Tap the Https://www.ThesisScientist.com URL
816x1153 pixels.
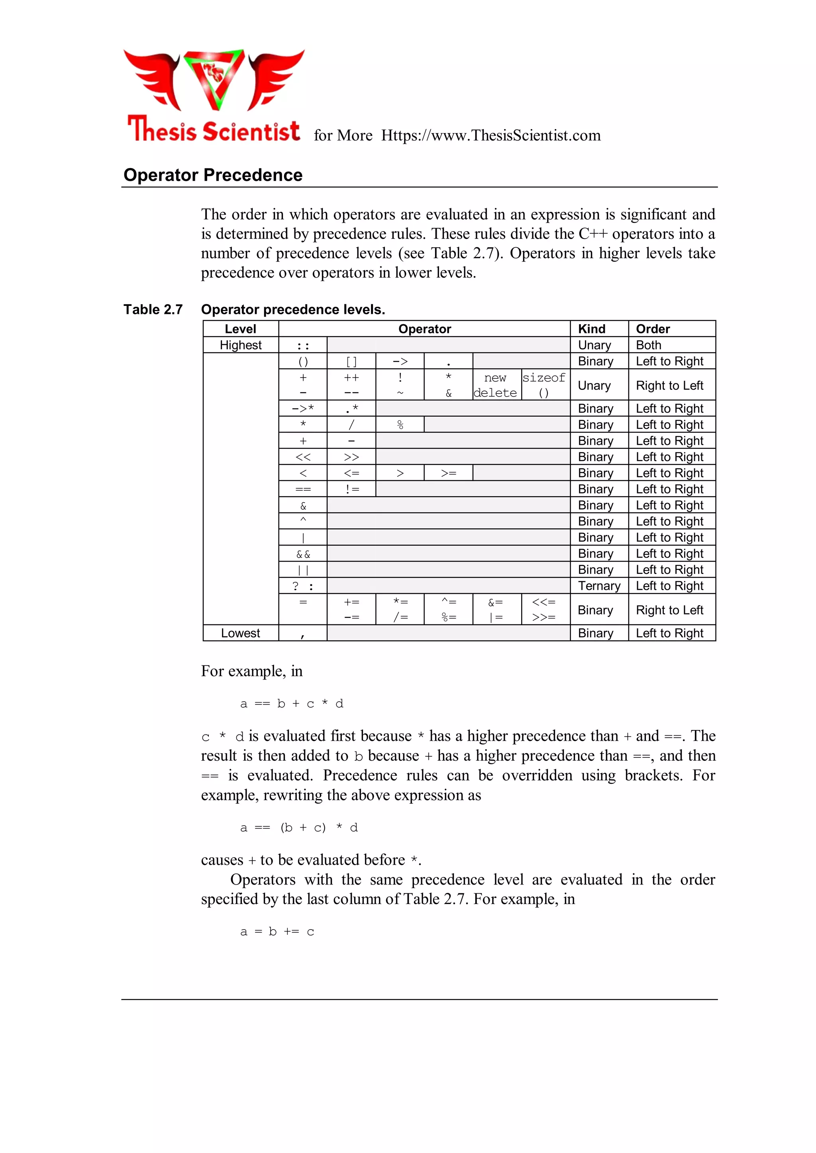point(490,135)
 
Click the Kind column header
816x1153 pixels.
point(592,329)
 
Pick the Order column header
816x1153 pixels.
point(653,329)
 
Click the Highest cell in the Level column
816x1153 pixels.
point(240,345)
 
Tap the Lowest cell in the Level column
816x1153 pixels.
point(240,633)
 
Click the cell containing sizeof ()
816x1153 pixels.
point(544,385)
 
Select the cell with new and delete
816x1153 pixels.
point(495,385)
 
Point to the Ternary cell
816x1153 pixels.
point(599,586)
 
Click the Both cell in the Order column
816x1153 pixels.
point(649,345)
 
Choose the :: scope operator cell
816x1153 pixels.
point(303,345)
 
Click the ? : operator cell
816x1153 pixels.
point(303,586)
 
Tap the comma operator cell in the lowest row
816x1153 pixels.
point(303,634)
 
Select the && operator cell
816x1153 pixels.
point(303,554)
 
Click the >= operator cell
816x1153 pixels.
point(448,473)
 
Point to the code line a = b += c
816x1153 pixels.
point(277,932)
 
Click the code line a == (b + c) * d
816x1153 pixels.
point(299,828)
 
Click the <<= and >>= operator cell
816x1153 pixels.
point(544,610)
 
